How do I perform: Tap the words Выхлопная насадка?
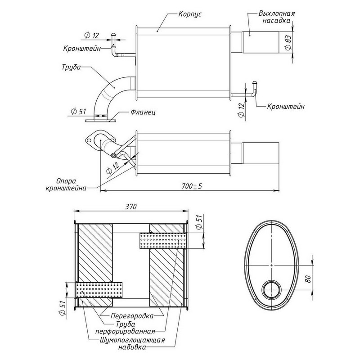(x=277, y=17)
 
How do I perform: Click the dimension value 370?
(x=130, y=206)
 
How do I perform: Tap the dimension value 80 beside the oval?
(x=307, y=278)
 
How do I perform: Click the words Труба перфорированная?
(x=127, y=328)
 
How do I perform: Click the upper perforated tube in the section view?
(x=162, y=241)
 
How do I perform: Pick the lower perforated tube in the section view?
(x=99, y=290)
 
